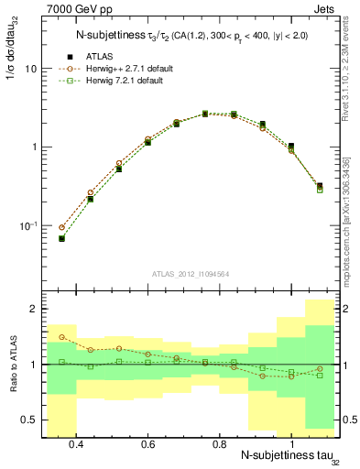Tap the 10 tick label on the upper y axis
(30, 69)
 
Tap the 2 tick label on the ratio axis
(34, 310)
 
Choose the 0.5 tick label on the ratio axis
(30, 420)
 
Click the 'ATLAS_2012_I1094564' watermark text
(188, 274)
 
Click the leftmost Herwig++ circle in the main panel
(61, 227)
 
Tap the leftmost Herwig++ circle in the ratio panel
(61, 337)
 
